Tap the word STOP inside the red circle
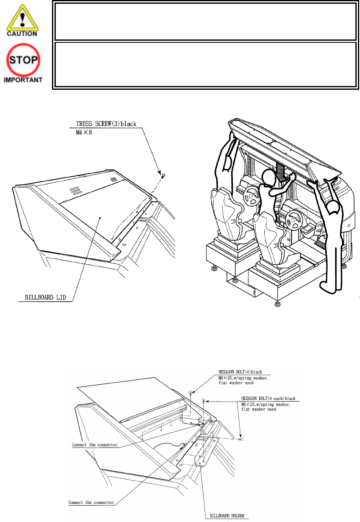[23, 60]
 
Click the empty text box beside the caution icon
[205, 22]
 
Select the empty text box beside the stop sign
[205, 64]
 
